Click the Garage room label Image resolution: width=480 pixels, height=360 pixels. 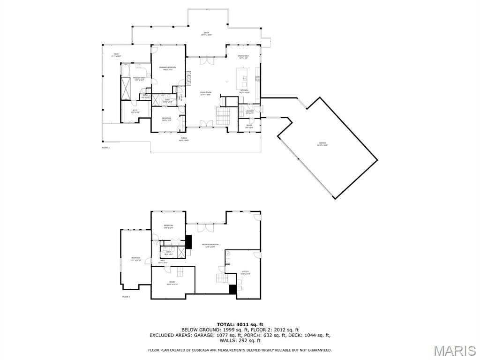[x=322, y=144]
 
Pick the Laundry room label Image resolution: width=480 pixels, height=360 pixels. [x=249, y=112]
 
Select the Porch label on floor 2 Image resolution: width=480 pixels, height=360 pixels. [x=183, y=139]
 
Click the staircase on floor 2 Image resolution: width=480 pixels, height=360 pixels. [x=222, y=115]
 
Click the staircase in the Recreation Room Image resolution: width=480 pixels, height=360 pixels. [x=225, y=278]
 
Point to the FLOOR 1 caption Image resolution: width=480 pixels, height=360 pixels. [x=126, y=297]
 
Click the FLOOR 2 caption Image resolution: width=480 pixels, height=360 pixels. [x=105, y=148]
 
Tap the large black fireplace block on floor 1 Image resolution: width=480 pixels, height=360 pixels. [x=189, y=241]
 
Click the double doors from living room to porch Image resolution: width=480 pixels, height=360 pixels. [x=206, y=123]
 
